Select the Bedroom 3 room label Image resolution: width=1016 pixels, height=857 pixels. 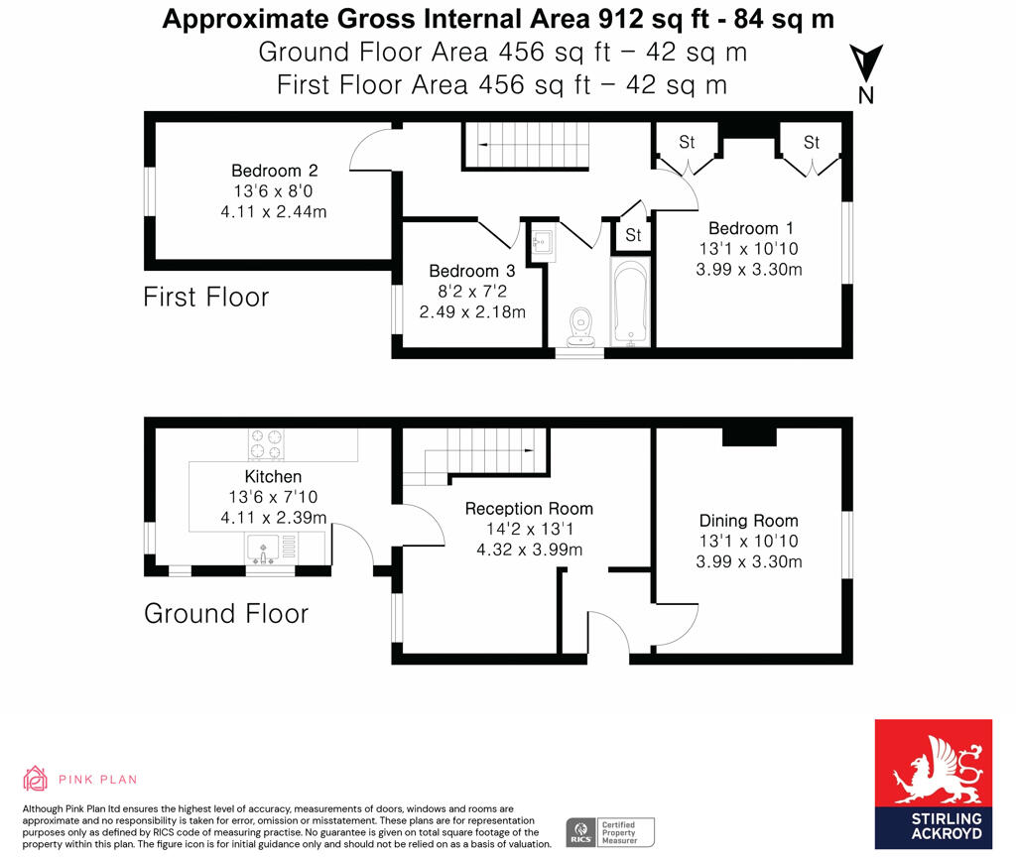coord(471,271)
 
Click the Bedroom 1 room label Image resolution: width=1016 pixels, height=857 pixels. coord(749,228)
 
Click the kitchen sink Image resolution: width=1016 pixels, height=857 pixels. coord(265,546)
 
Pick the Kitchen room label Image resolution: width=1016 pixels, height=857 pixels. coord(273,477)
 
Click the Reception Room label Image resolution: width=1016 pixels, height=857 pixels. coord(529,509)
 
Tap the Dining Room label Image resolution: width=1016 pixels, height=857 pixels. coord(749,521)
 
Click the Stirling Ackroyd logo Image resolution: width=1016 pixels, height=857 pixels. coord(933,784)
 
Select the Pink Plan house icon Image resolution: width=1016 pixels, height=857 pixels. coord(36,779)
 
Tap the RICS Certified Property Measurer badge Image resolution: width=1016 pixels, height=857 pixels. coord(610,831)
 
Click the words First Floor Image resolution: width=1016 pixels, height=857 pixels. coord(205,297)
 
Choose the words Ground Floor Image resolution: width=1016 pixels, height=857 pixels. coord(225,613)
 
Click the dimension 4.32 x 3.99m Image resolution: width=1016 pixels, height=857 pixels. coord(529,549)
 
